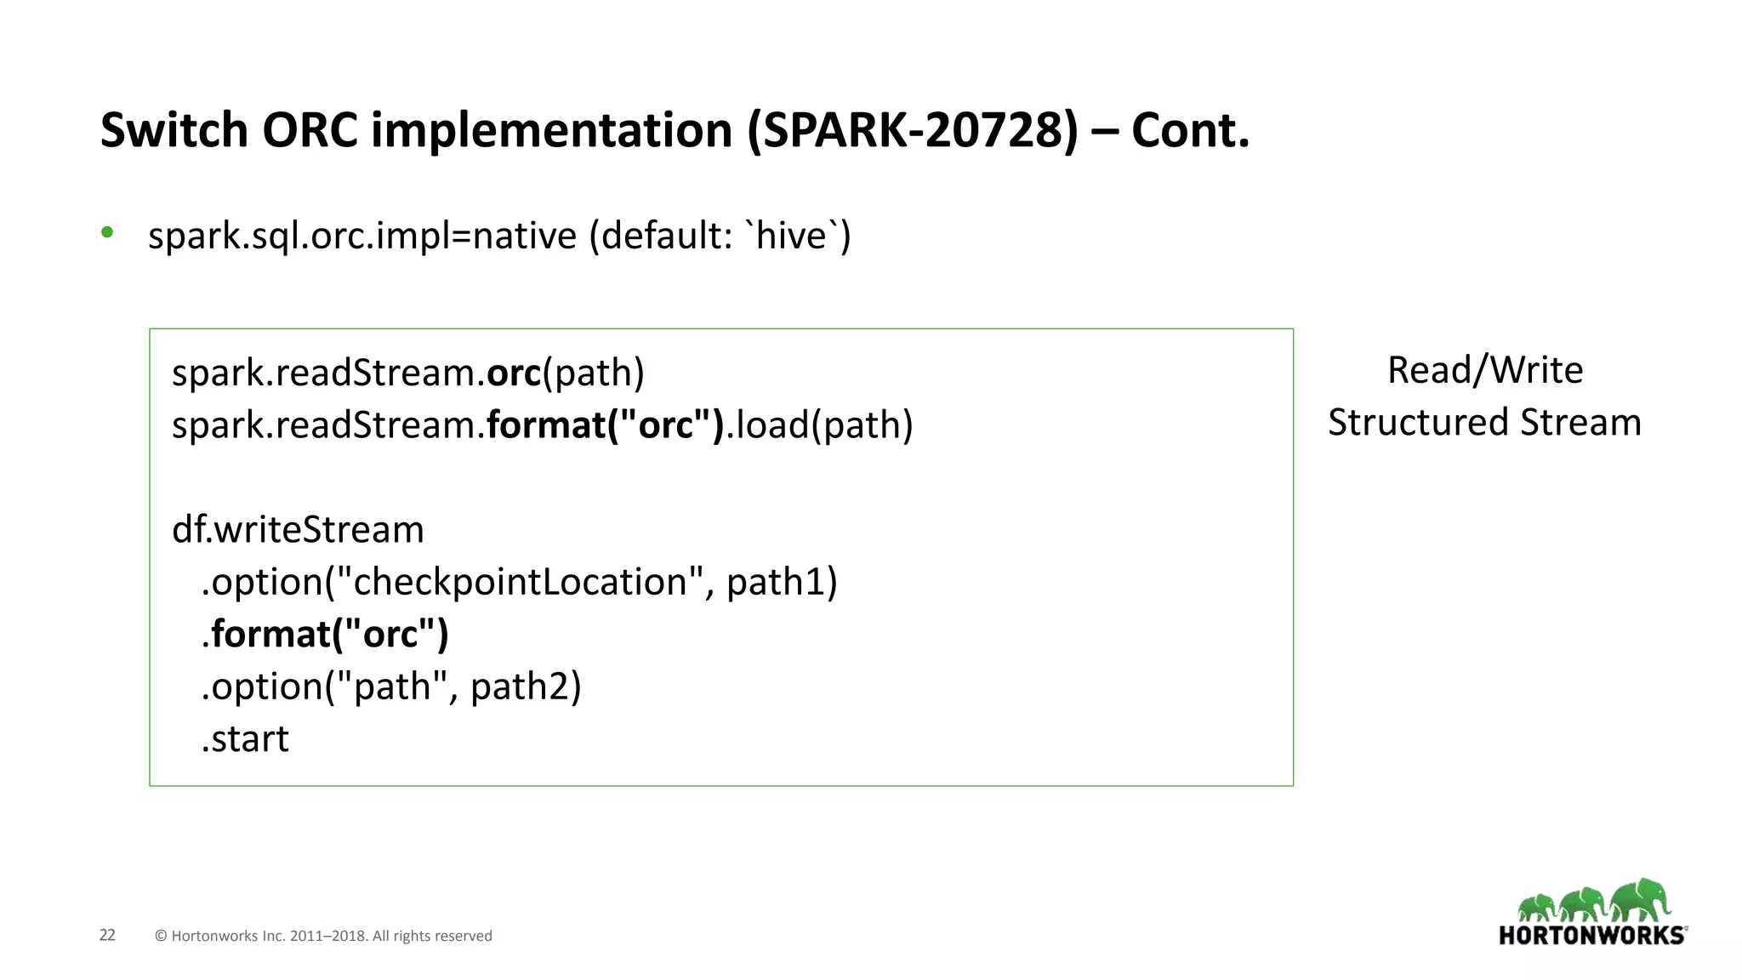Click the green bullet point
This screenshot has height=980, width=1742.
tap(107, 232)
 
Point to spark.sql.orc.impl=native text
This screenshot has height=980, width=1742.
tap(362, 236)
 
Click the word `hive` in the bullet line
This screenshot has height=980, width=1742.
tap(791, 236)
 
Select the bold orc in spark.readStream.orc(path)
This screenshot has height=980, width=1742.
tap(514, 373)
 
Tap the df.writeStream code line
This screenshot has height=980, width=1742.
tap(298, 530)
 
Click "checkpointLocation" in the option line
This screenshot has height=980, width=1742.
tap(519, 583)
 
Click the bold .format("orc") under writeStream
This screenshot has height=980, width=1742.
tap(325, 635)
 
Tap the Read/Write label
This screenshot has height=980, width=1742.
tap(1485, 370)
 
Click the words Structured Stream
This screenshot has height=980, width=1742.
tap(1485, 423)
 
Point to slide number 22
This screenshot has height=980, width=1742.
tap(107, 935)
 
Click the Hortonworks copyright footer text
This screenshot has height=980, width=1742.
tap(323, 936)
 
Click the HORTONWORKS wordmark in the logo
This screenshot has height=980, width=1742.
tap(1591, 936)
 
